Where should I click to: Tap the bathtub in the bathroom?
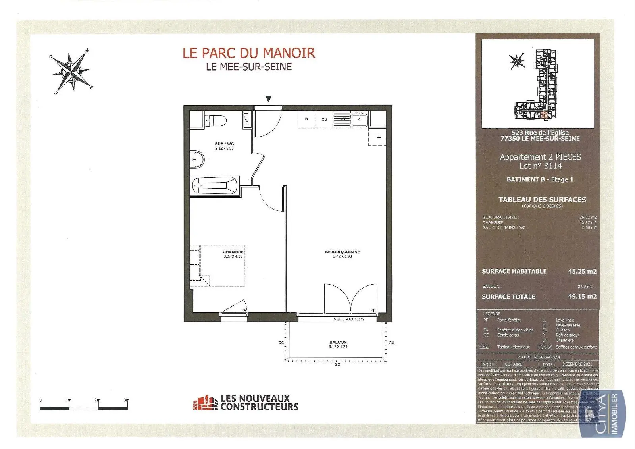coord(215,185)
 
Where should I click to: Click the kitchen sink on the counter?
coord(360,119)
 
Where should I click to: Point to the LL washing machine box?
coord(378,137)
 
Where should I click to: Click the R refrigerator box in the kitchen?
coord(306,119)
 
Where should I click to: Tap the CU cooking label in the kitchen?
coord(324,119)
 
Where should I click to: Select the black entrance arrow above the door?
coord(269,99)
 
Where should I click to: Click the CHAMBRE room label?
coord(233,252)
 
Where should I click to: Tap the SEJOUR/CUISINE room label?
coord(342,252)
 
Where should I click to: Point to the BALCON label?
coord(338,342)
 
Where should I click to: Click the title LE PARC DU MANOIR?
coord(249,53)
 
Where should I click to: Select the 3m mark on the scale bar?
coord(127,401)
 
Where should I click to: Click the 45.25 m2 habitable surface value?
coord(582,271)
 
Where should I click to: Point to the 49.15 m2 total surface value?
coord(582,296)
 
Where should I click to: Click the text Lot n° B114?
coord(541,166)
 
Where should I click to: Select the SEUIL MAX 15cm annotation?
coord(348,319)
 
